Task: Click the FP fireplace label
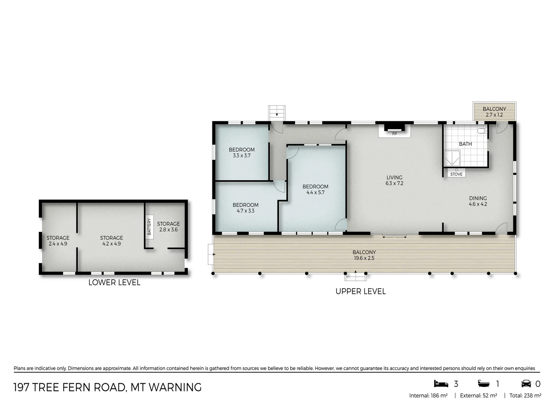point(394,134)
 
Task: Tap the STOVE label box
point(456,174)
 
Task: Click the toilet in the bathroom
point(482,131)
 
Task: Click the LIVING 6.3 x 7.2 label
point(394,181)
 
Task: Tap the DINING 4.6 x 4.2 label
point(478,201)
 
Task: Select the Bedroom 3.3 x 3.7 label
point(242,153)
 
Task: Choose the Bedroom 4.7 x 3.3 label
point(245,208)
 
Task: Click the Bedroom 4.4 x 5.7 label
point(315,190)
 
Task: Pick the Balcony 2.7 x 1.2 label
point(494,112)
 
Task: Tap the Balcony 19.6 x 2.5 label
point(364,255)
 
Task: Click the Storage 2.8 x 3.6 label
point(169,226)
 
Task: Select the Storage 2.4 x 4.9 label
point(58,241)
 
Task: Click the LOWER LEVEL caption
point(114,282)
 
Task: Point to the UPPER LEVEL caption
point(360,291)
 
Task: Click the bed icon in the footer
point(441,384)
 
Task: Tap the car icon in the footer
point(526,384)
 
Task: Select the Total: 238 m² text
point(525,396)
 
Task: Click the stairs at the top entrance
point(277,112)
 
